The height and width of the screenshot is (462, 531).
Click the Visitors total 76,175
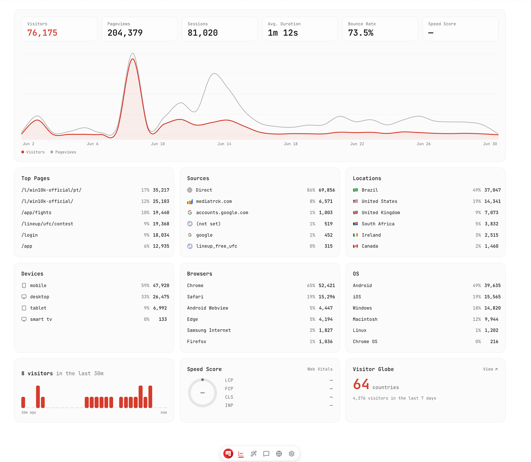tap(42, 33)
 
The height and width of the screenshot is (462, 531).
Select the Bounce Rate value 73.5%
tap(361, 33)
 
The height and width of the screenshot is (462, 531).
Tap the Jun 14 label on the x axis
tap(224, 144)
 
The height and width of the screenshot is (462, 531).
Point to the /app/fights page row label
tap(36, 213)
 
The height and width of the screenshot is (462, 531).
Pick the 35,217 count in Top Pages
tap(161, 190)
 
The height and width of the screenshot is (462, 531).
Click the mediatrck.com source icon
tap(190, 202)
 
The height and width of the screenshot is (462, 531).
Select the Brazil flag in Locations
tap(355, 190)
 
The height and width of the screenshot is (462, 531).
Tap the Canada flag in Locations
tap(355, 246)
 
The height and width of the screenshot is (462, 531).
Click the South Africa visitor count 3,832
tap(491, 224)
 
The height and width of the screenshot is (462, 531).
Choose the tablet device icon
tap(24, 308)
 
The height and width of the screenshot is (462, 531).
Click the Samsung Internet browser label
tap(209, 330)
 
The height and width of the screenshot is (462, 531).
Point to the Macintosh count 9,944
tap(491, 319)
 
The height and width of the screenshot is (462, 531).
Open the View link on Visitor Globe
tap(490, 369)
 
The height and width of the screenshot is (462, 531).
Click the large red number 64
tap(361, 384)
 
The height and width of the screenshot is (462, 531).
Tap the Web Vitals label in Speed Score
tap(320, 369)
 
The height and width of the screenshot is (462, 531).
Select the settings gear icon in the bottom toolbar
tap(292, 453)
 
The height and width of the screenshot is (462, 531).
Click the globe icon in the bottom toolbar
tap(279, 453)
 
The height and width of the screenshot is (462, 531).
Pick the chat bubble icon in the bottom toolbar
tap(266, 453)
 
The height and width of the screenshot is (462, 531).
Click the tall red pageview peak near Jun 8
tap(132, 59)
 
